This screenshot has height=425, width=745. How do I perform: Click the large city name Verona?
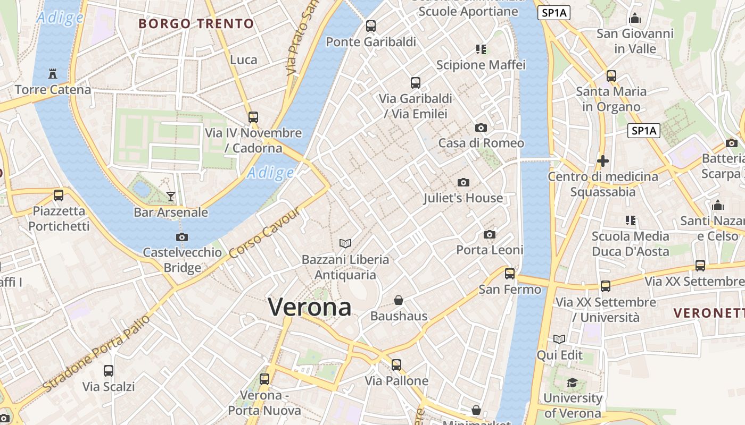309,307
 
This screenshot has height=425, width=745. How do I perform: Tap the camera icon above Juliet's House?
463,182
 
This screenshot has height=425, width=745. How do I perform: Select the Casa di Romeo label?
481,143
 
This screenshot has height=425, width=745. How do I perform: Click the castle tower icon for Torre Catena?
52,73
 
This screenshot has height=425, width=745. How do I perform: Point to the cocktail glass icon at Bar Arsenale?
170,197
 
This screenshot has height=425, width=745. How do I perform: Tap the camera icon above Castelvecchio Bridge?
182,237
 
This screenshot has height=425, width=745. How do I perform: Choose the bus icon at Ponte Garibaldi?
371,25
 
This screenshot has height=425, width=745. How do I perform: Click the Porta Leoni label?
490,250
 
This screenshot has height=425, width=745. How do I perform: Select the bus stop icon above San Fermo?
510,274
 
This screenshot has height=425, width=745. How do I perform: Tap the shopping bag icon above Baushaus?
399,300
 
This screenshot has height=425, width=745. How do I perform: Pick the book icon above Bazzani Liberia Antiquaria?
345,243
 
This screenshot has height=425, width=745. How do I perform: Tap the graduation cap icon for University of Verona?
572,382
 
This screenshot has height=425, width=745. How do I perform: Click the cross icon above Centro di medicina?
603,160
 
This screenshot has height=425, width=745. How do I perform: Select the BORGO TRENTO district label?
196,24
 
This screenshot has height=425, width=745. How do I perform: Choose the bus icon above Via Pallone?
396,365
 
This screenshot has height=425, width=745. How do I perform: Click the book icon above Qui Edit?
559,339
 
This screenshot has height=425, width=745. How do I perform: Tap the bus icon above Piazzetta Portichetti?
59,195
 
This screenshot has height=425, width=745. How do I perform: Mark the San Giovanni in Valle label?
635,41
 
